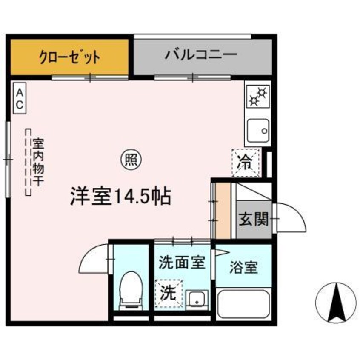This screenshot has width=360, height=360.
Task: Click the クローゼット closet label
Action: pyautogui.click(x=70, y=57)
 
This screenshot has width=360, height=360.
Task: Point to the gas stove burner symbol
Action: pyautogui.click(x=258, y=96)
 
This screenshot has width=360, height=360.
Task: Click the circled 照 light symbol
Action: pyautogui.click(x=130, y=160)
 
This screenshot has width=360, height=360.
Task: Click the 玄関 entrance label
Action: pyautogui.click(x=254, y=220)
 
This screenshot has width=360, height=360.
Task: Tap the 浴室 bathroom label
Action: pyautogui.click(x=244, y=268)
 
